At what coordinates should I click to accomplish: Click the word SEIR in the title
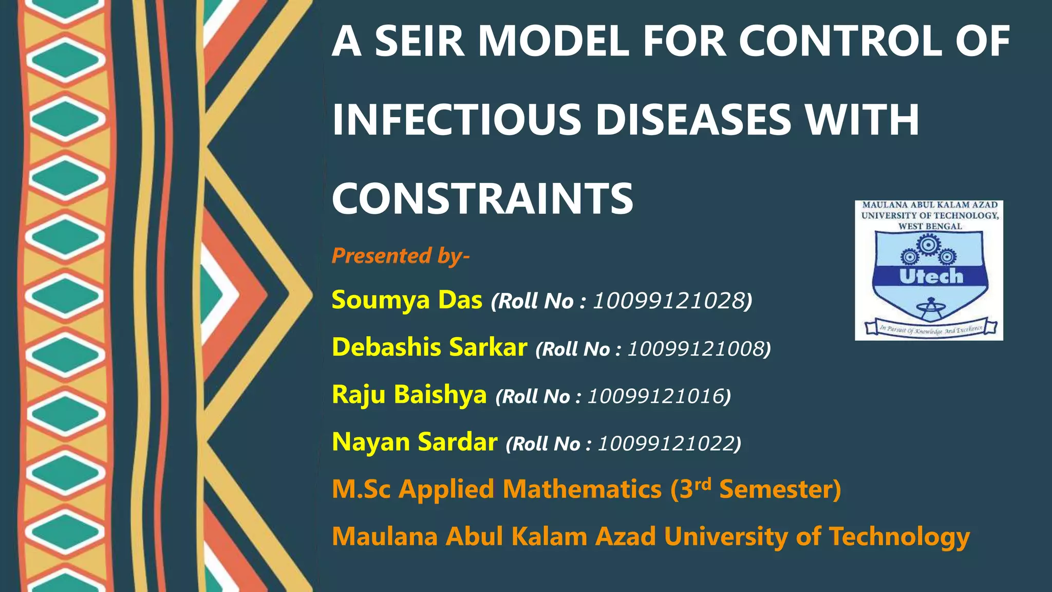tap(419, 42)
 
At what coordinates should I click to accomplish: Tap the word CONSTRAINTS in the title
tap(482, 199)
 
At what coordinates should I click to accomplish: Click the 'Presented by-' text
tap(400, 255)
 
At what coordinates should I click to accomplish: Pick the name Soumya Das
tap(407, 300)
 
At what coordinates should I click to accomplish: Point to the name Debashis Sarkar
tap(429, 347)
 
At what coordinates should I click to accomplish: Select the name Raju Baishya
tap(409, 395)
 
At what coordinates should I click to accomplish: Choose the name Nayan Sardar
tap(415, 442)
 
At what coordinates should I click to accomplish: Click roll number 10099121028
tap(669, 301)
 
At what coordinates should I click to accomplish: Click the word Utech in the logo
tap(931, 276)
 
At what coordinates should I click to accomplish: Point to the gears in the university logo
tap(928, 249)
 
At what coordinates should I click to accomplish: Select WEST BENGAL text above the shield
tap(930, 227)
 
